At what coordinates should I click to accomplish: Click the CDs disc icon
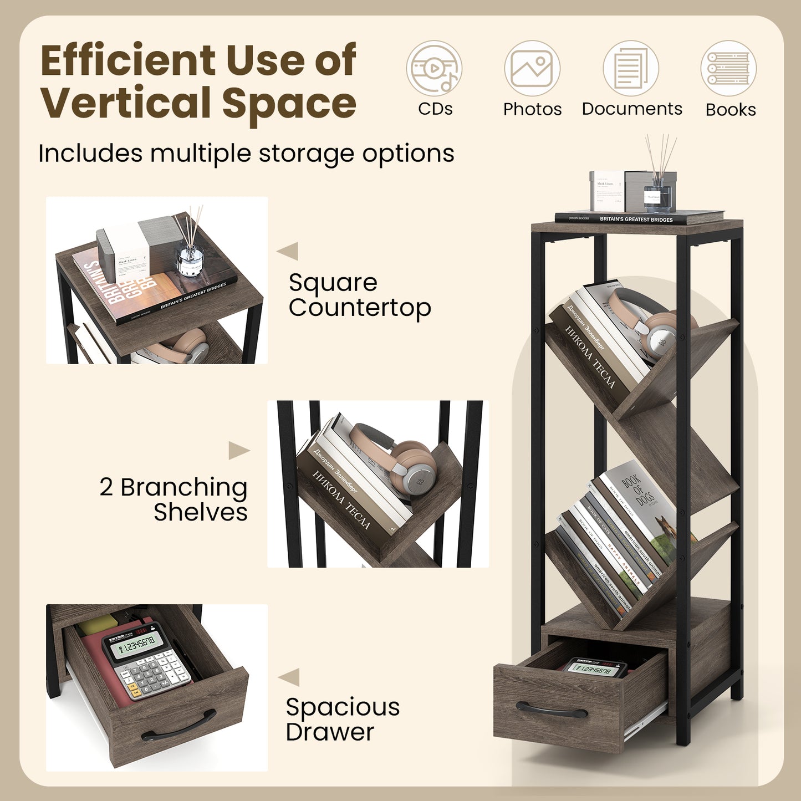pos(434,69)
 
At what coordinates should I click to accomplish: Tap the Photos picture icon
pos(532,69)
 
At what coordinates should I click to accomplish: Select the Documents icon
pos(631,69)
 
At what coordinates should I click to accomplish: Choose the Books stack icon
pos(728,69)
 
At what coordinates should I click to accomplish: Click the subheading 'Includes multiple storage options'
pos(246,154)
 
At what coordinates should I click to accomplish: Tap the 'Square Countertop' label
pos(359,295)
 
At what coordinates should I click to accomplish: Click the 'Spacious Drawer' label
pos(343,719)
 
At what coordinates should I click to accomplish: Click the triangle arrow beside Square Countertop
pos(288,251)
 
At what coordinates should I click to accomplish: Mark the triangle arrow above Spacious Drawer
pos(289,677)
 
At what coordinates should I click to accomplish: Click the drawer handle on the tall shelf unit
pos(552,710)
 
